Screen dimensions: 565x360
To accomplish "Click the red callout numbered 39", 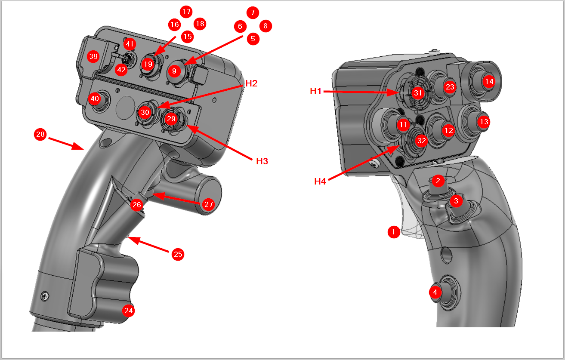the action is pyautogui.click(x=93, y=56).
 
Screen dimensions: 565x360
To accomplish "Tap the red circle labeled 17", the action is pyautogui.click(x=186, y=12).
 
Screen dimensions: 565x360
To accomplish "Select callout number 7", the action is pyautogui.click(x=253, y=12).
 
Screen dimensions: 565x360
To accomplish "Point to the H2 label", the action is pyautogui.click(x=251, y=83).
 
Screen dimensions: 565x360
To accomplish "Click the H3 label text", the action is pyautogui.click(x=262, y=161).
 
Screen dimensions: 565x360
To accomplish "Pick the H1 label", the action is pyautogui.click(x=315, y=91).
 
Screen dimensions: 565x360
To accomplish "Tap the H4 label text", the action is pyautogui.click(x=320, y=181).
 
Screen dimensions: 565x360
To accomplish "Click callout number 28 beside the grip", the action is pyautogui.click(x=40, y=134).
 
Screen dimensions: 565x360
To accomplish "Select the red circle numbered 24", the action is pyautogui.click(x=128, y=311).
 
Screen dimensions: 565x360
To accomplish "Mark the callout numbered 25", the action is pyautogui.click(x=178, y=254).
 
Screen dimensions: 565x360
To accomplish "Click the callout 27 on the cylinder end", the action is pyautogui.click(x=209, y=204).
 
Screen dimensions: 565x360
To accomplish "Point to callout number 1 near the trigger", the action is pyautogui.click(x=394, y=232).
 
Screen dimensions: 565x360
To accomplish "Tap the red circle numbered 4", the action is pyautogui.click(x=435, y=292).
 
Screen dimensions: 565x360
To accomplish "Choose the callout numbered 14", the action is pyautogui.click(x=489, y=81).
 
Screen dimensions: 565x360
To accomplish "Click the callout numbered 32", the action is pyautogui.click(x=422, y=141).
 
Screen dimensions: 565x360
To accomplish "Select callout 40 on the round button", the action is pyautogui.click(x=95, y=98).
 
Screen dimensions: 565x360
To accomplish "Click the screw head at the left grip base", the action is pyautogui.click(x=45, y=296).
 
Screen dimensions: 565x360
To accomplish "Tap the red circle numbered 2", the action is pyautogui.click(x=438, y=181).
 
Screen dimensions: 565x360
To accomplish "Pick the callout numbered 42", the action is pyautogui.click(x=121, y=70).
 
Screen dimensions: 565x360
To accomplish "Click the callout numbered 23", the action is pyautogui.click(x=450, y=87).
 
